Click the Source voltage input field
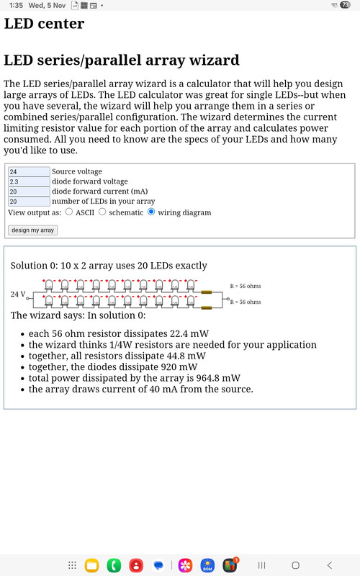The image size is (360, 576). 29,172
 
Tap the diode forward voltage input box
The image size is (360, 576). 29,182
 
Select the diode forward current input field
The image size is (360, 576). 29,192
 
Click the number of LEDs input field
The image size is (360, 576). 29,202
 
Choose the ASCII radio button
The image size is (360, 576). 69,212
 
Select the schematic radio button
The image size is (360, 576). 102,212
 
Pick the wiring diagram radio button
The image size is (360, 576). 151,212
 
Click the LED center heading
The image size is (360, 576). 44,23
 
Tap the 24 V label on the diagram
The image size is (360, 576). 18,294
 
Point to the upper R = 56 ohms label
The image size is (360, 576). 245,286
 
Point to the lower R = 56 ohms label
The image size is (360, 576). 245,302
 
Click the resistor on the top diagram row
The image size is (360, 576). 207,292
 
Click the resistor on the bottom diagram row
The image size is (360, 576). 207,308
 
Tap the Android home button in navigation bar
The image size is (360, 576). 295,565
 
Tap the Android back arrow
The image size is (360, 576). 330,565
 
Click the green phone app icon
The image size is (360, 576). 113,565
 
